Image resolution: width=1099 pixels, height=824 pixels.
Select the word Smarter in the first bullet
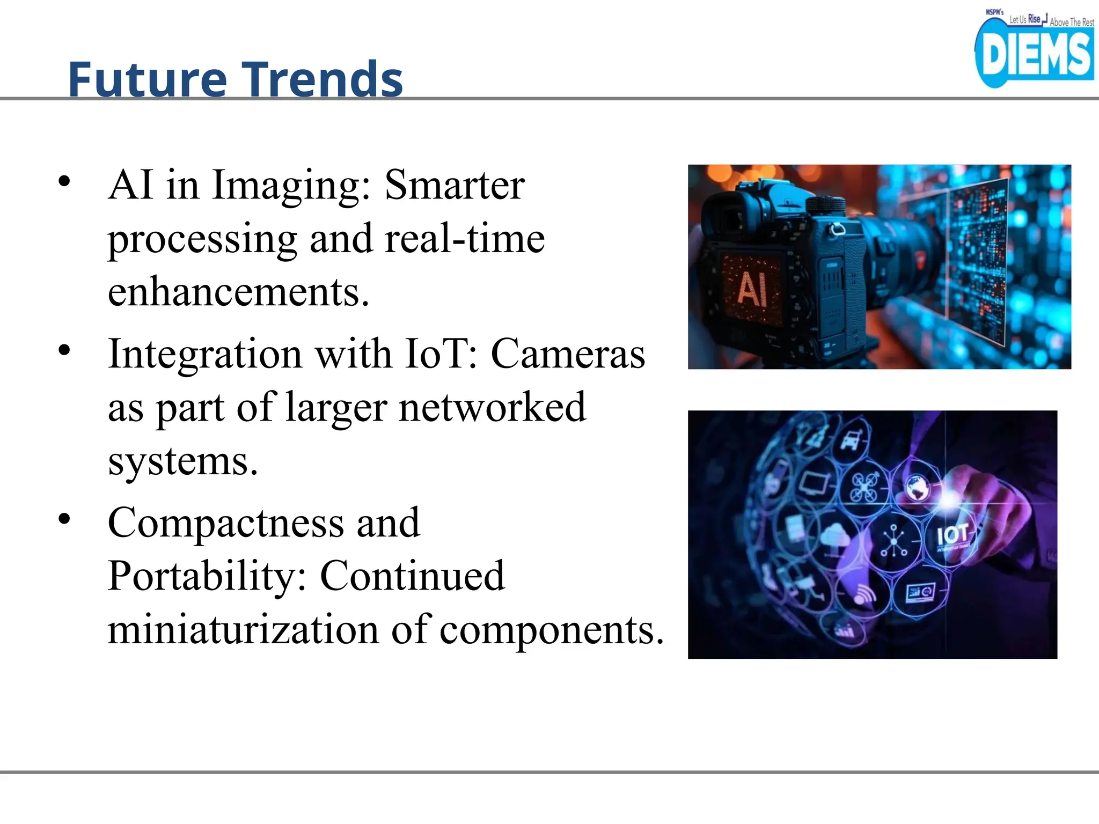click(455, 185)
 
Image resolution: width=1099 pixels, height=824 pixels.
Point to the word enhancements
click(238, 292)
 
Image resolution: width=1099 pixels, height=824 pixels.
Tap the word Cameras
click(568, 354)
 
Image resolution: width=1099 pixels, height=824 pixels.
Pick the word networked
click(492, 408)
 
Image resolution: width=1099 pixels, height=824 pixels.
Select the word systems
click(182, 461)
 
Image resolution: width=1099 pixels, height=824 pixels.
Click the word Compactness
click(226, 523)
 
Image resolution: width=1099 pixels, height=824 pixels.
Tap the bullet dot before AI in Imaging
click(64, 181)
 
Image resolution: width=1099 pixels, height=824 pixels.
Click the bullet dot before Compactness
click(64, 519)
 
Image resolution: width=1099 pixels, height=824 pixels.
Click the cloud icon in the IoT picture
click(835, 536)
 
